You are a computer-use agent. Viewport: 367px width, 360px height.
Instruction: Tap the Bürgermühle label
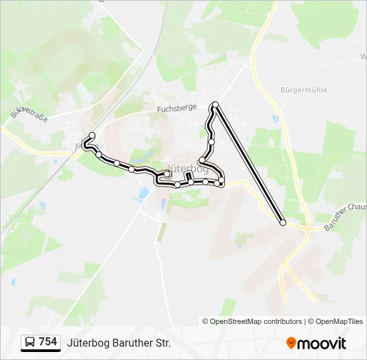(304, 90)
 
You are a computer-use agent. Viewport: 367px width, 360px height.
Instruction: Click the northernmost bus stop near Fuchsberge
(216, 105)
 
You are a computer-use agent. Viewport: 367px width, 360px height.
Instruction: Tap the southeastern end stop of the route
(283, 223)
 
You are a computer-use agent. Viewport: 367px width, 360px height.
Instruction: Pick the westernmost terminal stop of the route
(92, 135)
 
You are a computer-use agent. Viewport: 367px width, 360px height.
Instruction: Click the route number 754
(48, 342)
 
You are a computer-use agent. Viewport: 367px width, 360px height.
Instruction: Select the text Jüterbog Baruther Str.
(119, 343)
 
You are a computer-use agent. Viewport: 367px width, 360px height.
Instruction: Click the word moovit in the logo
(322, 343)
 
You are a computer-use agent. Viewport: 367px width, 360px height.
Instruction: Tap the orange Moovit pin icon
(292, 343)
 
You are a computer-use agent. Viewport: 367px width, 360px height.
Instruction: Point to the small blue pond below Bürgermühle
(275, 119)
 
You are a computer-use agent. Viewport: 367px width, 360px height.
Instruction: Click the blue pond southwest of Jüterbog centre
(143, 193)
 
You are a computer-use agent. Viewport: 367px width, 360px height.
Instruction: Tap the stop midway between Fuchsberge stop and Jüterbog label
(212, 141)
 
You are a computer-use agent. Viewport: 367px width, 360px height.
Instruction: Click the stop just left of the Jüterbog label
(168, 174)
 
